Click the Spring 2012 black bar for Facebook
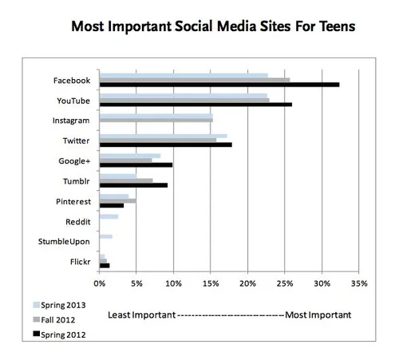pyautogui.click(x=219, y=84)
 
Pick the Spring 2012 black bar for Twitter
pyautogui.click(x=165, y=144)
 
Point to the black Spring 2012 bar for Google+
pyautogui.click(x=135, y=164)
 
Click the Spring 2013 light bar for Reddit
pyautogui.click(x=109, y=216)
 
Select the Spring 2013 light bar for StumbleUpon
pyautogui.click(x=105, y=236)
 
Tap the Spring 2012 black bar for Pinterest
pyautogui.click(x=111, y=205)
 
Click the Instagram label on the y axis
pyautogui.click(x=71, y=121)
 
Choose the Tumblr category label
pyautogui.click(x=76, y=180)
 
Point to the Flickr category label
pyautogui.click(x=79, y=261)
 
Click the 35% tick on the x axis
pyautogui.click(x=358, y=283)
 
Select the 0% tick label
pyautogui.click(x=99, y=283)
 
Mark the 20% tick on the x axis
pyautogui.click(x=247, y=283)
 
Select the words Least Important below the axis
pyautogui.click(x=140, y=314)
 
